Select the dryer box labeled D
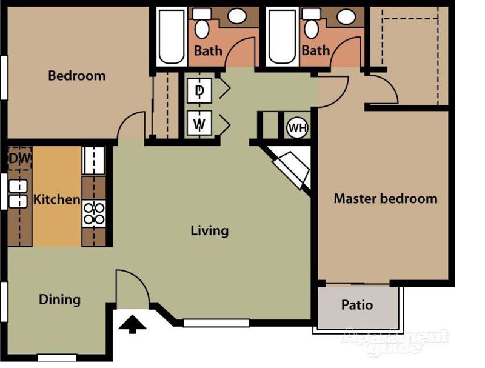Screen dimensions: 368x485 pos(198,91)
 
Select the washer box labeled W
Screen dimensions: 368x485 pos(198,125)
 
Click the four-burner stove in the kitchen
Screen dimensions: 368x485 pos(93,213)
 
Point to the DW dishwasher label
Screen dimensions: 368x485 pos(19,159)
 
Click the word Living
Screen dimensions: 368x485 pos(209,230)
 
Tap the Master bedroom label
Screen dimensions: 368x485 pos(385,199)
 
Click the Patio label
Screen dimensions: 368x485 pos(356,305)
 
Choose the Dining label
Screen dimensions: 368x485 pos(59,299)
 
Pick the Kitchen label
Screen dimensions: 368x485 pos(56,199)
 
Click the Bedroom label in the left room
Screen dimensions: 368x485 pos(77,76)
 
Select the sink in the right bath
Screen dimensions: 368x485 pos(346,16)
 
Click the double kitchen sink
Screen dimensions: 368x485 pos(18,193)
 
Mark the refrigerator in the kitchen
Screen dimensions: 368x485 pos(93,160)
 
